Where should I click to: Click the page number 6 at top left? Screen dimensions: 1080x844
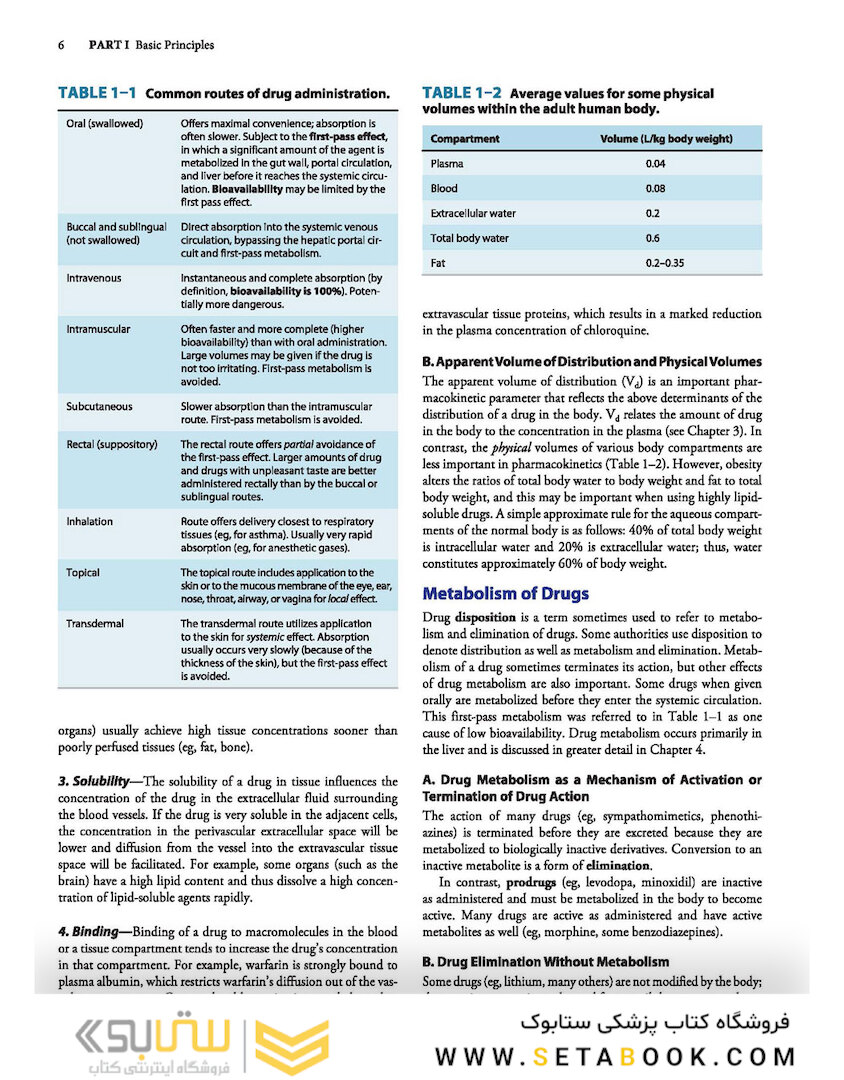coord(62,45)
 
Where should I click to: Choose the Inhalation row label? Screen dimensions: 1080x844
coord(89,522)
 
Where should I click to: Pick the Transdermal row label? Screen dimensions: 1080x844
coord(95,624)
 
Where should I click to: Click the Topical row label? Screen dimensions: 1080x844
coord(83,573)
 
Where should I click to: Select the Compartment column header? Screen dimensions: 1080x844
coord(464,138)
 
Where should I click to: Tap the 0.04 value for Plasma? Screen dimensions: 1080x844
coord(655,163)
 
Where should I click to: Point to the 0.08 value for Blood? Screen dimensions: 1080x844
coord(655,188)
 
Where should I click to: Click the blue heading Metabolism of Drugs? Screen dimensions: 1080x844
coord(506,594)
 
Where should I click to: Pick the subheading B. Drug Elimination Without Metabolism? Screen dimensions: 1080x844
coord(546,962)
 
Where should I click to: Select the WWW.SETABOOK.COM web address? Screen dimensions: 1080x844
coord(615,1057)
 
